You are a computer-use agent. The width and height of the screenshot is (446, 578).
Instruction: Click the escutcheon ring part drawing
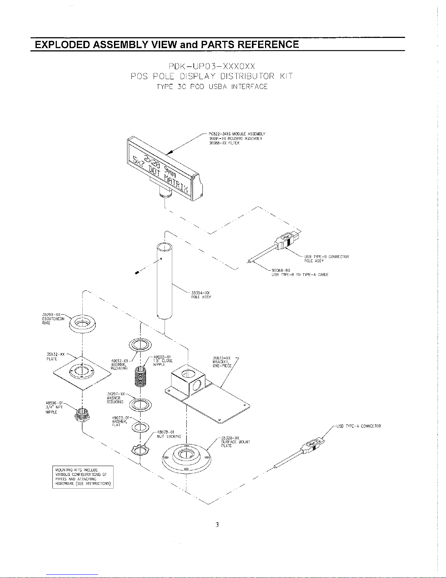[82, 323]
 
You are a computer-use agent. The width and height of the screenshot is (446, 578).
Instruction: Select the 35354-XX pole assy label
[201, 295]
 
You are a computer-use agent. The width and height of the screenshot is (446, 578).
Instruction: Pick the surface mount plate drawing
[186, 458]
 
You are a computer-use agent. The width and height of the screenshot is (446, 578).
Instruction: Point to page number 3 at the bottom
[217, 525]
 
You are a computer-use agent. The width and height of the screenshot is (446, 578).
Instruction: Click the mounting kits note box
[83, 477]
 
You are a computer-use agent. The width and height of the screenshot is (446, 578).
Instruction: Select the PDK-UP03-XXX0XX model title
[212, 66]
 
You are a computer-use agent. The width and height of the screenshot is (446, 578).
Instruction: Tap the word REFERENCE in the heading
[268, 44]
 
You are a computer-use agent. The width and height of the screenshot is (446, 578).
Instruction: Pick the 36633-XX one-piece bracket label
[222, 362]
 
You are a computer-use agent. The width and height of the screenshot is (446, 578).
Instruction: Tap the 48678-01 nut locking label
[169, 434]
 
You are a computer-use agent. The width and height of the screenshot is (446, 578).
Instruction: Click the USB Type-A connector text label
[359, 426]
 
